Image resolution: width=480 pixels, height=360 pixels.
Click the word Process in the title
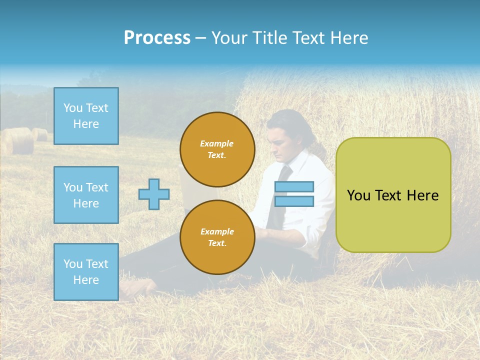coord(157,38)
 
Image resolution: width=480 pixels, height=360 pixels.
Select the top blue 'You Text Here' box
coord(86,116)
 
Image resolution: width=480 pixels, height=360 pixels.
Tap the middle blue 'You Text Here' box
coord(86,195)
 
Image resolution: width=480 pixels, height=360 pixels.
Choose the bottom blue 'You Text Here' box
coord(86,272)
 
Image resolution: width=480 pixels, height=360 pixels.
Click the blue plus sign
coord(154,194)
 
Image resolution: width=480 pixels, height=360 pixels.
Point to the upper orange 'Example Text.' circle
coord(217,149)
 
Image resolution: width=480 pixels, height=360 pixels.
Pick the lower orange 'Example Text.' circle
coord(217,237)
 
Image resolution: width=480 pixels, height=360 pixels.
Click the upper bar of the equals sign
coord(294,186)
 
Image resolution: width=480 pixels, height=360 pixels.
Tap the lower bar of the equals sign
coord(294,201)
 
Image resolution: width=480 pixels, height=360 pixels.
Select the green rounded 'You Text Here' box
coord(393,195)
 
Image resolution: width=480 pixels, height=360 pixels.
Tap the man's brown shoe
coord(137,287)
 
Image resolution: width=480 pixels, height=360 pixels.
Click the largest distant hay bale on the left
coord(19,141)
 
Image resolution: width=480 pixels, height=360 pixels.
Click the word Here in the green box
coord(422,195)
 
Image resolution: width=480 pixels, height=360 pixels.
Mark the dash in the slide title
coord(200,38)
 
